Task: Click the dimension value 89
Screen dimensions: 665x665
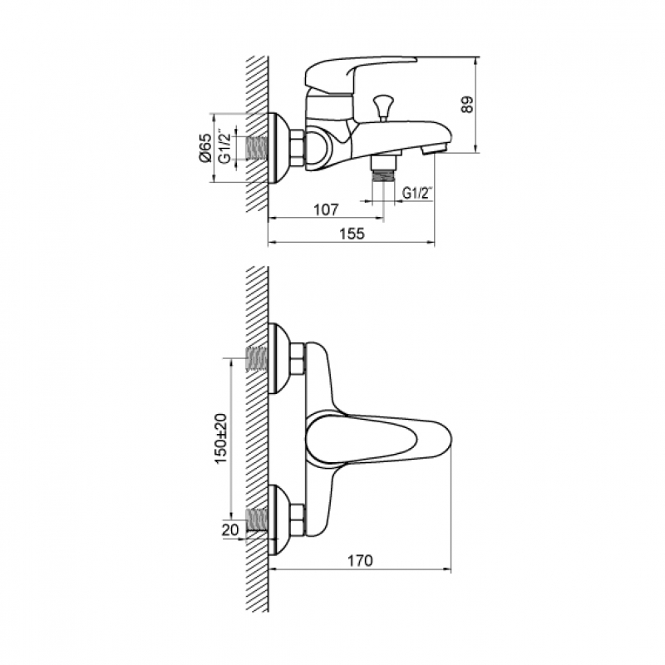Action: (x=466, y=105)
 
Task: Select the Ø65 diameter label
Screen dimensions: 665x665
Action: (x=204, y=148)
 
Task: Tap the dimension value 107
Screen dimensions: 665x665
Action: (x=326, y=209)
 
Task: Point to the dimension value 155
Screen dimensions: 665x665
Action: (x=352, y=234)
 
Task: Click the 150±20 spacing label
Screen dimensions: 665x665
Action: (x=221, y=439)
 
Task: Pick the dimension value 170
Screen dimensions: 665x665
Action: (x=360, y=560)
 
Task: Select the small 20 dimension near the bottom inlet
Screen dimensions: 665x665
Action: (x=230, y=530)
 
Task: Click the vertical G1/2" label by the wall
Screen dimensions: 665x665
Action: (x=224, y=147)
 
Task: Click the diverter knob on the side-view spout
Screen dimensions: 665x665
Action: (x=383, y=108)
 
